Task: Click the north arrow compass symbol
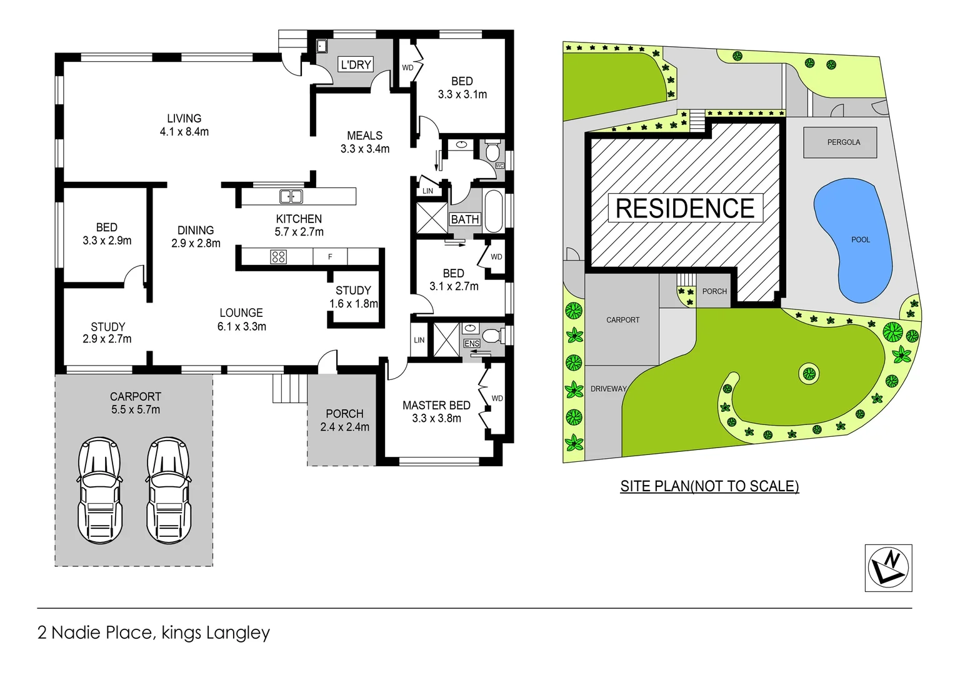(888, 567)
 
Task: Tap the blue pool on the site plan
(854, 241)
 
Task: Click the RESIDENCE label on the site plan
(685, 208)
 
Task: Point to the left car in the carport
(100, 490)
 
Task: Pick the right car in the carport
(168, 490)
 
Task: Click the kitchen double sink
(291, 196)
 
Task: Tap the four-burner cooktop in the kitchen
(278, 257)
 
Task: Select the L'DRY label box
(356, 64)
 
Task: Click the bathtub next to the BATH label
(493, 211)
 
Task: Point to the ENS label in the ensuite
(472, 344)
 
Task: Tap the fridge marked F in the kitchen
(330, 257)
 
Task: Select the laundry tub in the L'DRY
(321, 46)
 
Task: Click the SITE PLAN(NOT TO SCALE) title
(709, 486)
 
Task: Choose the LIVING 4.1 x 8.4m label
(184, 125)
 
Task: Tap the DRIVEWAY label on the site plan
(608, 389)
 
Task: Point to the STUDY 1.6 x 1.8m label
(354, 297)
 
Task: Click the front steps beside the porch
(289, 388)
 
